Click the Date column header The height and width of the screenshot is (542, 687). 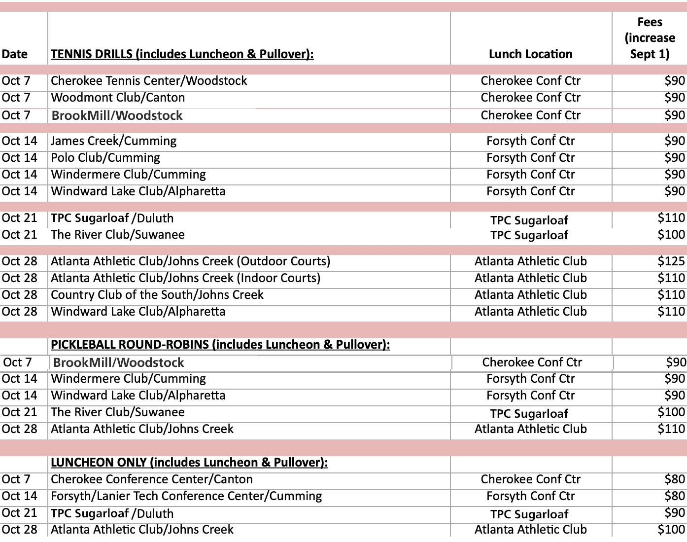(15, 54)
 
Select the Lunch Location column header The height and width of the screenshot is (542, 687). (530, 54)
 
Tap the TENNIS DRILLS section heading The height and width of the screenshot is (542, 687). (182, 54)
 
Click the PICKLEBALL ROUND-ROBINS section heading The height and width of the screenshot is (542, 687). (220, 344)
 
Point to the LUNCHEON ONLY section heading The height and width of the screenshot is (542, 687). (189, 462)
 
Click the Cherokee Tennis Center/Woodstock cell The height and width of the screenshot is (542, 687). (149, 81)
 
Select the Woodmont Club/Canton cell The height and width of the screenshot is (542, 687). (118, 98)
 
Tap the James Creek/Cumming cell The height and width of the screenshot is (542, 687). (113, 141)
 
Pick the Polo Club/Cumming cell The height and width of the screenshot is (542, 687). (105, 158)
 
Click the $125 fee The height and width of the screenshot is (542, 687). (671, 261)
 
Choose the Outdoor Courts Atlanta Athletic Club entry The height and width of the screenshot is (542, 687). (190, 261)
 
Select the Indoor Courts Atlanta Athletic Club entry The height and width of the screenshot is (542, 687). (185, 278)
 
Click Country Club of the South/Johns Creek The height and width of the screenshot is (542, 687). (157, 295)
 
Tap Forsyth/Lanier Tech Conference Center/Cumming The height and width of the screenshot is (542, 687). (186, 496)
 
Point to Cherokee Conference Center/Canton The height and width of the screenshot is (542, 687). (152, 479)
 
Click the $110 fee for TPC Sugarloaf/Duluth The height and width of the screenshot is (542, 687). (671, 218)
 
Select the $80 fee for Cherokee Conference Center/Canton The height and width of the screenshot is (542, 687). (674, 479)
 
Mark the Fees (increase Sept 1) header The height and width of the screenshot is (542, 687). (650, 38)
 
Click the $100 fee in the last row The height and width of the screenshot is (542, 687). (671, 530)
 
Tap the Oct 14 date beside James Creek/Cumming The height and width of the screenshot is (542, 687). (20, 141)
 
